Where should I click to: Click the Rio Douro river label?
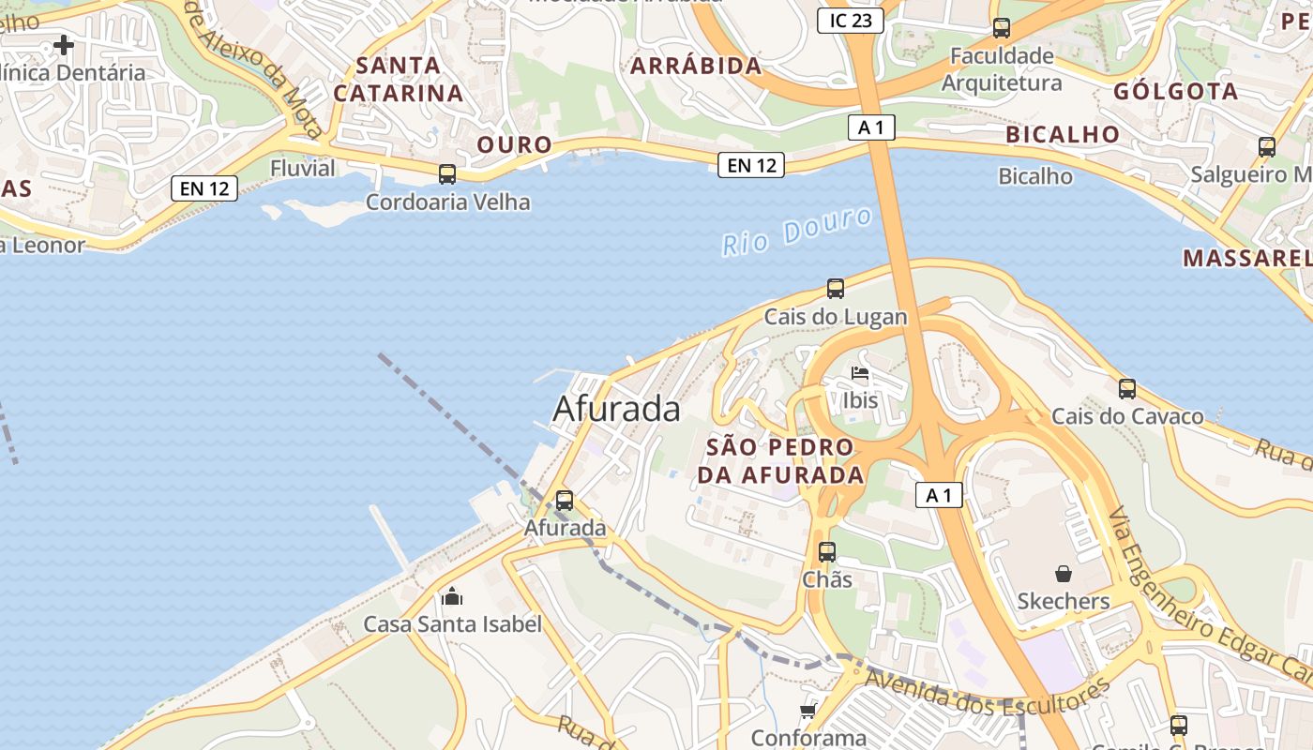[x=797, y=232]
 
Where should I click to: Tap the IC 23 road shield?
[x=850, y=21]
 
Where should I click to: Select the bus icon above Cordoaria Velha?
[x=447, y=173]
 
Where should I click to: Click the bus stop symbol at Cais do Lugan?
[x=836, y=288]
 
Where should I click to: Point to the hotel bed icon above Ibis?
[x=859, y=373]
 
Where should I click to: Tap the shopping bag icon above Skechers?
[x=1064, y=573]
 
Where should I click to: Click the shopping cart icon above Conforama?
[x=807, y=712]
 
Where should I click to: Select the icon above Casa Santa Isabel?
[x=452, y=596]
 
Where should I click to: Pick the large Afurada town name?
[x=616, y=409]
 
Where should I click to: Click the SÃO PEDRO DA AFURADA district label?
[x=779, y=460]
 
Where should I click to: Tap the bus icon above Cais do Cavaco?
[x=1127, y=388]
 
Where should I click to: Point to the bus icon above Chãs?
[x=826, y=552]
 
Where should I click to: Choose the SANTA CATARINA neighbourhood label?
[x=399, y=80]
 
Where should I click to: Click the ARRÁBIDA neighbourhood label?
[x=696, y=66]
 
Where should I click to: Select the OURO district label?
[x=515, y=144]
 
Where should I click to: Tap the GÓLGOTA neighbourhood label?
[x=1176, y=92]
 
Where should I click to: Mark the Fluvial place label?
[x=302, y=169]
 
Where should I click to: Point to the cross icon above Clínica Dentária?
[x=63, y=44]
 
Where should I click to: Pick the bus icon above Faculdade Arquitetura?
[x=1002, y=28]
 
